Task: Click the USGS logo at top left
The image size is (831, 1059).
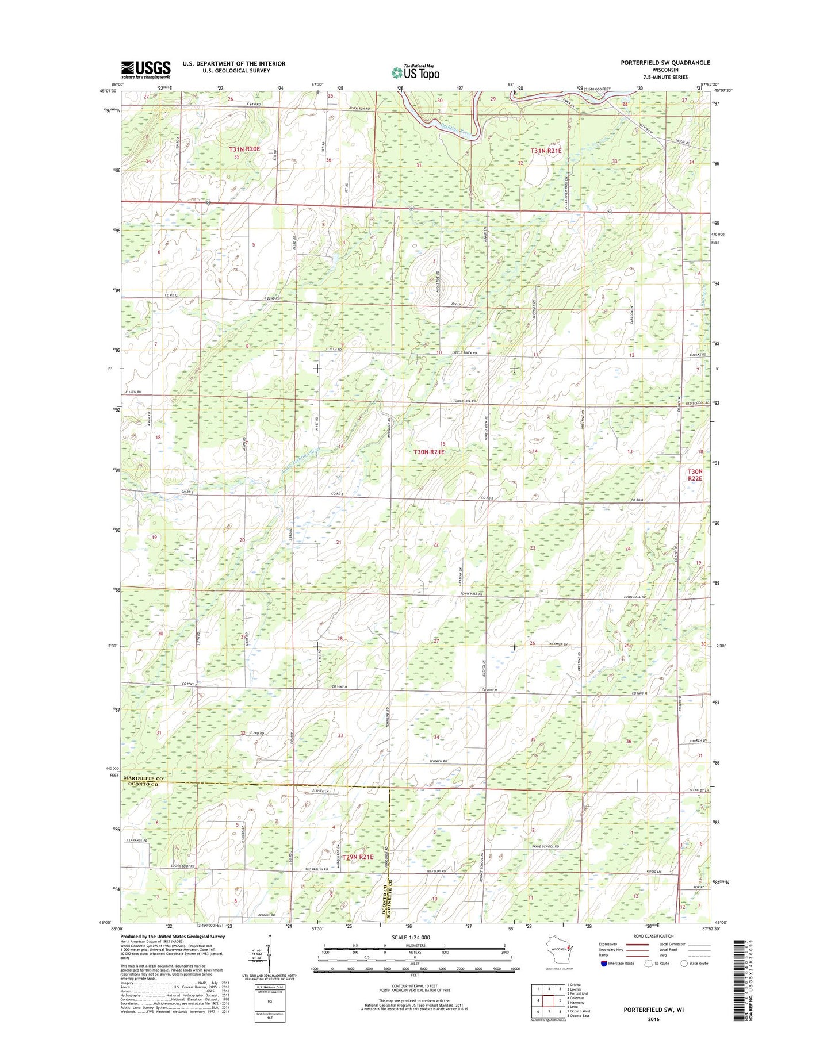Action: (x=145, y=70)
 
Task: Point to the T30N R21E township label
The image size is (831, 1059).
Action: (x=429, y=452)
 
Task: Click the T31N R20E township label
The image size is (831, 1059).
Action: (x=244, y=149)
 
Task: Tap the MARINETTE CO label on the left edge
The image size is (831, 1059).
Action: (x=143, y=778)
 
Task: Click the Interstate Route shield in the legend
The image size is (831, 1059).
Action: (x=603, y=963)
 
